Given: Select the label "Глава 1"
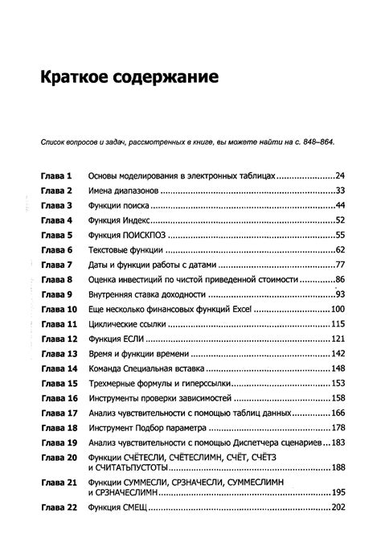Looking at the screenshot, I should click(x=56, y=175).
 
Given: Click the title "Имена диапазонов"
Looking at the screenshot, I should click(x=124, y=191).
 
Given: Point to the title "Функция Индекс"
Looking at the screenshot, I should click(x=120, y=220).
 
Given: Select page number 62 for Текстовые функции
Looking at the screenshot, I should click(x=339, y=250).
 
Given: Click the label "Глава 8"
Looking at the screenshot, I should click(x=56, y=280).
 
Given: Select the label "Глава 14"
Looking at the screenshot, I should click(x=59, y=368).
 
